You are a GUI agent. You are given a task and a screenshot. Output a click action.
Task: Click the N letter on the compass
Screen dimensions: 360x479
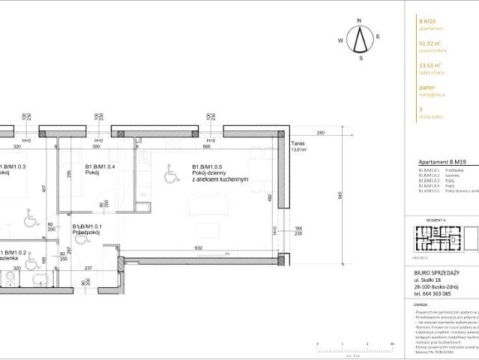point(360,21)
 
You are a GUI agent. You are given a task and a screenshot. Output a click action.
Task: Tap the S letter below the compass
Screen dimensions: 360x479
point(361,58)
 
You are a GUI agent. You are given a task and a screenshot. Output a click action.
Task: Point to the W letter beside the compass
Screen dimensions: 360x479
point(340,40)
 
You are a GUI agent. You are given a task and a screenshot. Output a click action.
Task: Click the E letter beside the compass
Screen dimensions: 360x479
point(379,36)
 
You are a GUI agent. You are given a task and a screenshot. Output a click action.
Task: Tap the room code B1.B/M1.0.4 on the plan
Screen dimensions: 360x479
point(100,166)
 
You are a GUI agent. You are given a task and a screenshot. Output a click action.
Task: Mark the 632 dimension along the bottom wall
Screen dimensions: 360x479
point(198,247)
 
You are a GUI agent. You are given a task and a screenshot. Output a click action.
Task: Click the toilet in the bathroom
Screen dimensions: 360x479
point(9,279)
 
